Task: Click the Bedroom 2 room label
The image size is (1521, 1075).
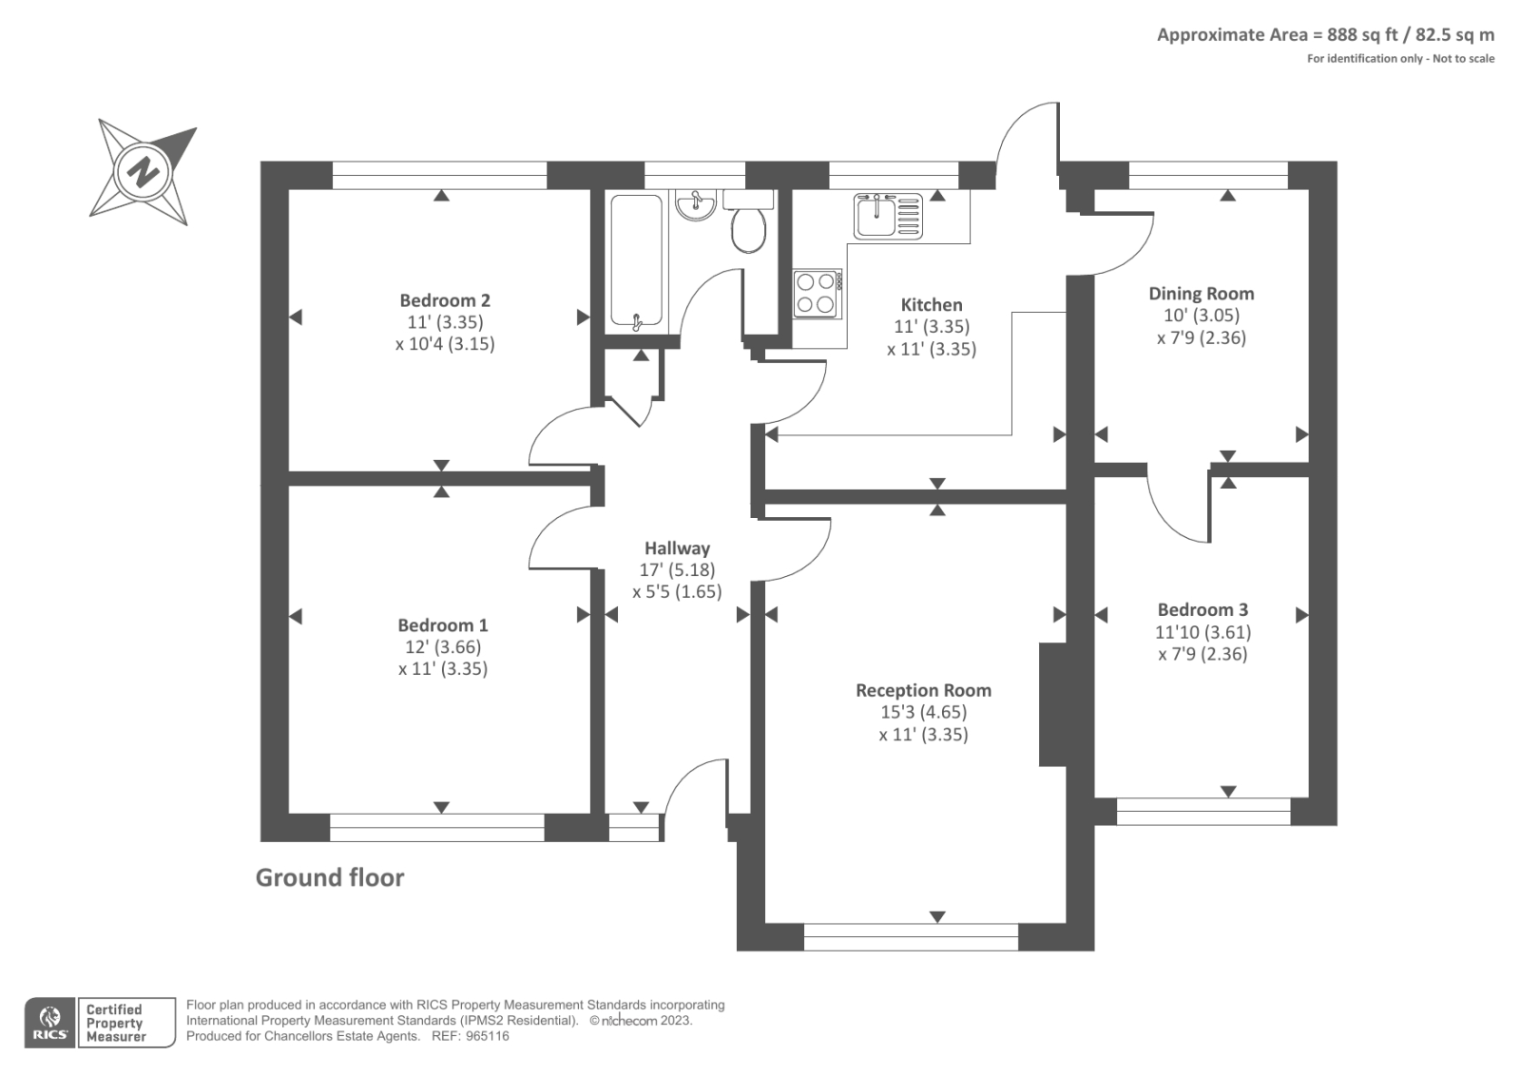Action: pyautogui.click(x=444, y=300)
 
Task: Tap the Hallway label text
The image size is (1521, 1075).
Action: pyautogui.click(x=677, y=548)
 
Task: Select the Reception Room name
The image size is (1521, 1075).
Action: pyautogui.click(x=923, y=691)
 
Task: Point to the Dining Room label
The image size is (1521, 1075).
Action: pyautogui.click(x=1201, y=294)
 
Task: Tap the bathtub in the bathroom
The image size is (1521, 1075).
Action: pyautogui.click(x=636, y=262)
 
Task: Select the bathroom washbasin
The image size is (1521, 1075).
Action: pyautogui.click(x=697, y=204)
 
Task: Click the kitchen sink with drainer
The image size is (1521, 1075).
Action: pyautogui.click(x=888, y=216)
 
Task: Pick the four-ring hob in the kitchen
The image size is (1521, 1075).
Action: pyautogui.click(x=816, y=293)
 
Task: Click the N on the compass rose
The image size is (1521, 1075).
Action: pyautogui.click(x=144, y=173)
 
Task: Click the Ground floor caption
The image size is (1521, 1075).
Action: pyautogui.click(x=330, y=877)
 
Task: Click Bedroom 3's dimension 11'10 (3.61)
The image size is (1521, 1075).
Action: pyautogui.click(x=1203, y=632)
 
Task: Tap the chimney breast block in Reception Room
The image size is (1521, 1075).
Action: pyautogui.click(x=1051, y=704)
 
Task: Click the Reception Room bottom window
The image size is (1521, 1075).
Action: pyautogui.click(x=911, y=936)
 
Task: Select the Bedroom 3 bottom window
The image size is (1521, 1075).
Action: pyautogui.click(x=1203, y=811)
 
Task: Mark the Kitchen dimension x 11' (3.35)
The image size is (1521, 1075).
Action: pyautogui.click(x=932, y=349)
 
